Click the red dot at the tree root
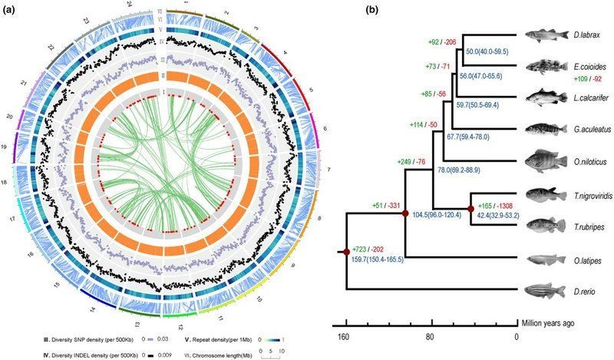coord(348,250)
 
